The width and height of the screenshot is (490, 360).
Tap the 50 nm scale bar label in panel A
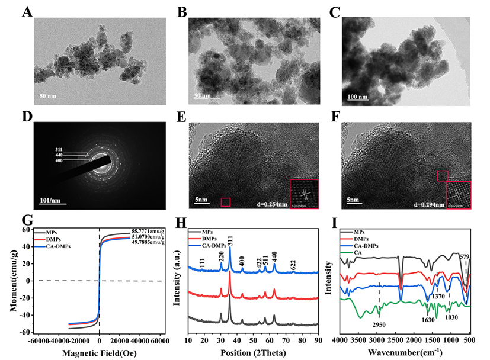click(x=49, y=95)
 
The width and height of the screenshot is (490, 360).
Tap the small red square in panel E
click(x=225, y=202)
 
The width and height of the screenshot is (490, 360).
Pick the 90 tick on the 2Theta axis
click(x=318, y=340)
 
